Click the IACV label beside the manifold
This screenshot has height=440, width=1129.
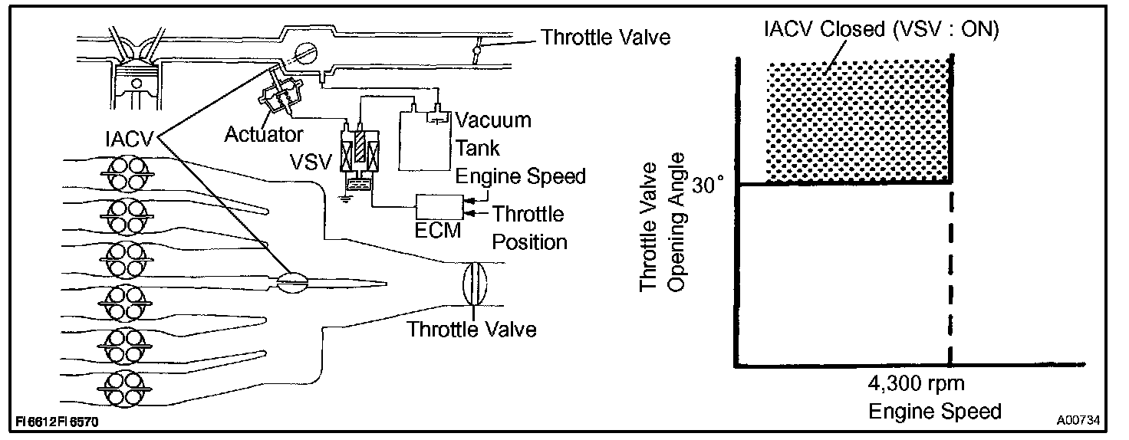tap(129, 138)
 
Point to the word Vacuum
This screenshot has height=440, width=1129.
tap(492, 120)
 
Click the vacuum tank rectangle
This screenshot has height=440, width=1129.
tap(425, 142)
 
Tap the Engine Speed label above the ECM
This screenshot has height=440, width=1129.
tap(521, 176)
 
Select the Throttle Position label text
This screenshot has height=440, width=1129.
tap(528, 228)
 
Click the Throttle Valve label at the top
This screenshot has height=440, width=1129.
tap(606, 38)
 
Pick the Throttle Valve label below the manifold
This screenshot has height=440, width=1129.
tap(471, 330)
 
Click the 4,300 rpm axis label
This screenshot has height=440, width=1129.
tap(917, 383)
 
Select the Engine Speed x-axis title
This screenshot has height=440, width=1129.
tap(935, 412)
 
